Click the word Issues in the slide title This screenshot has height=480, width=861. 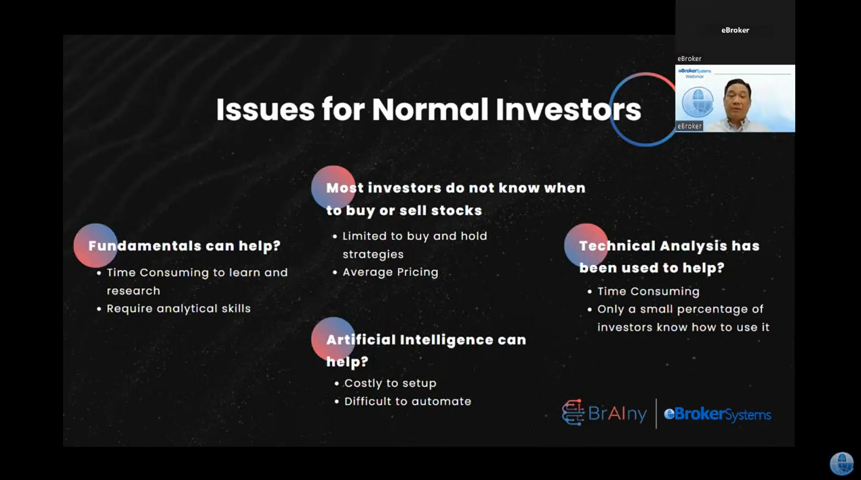(265, 110)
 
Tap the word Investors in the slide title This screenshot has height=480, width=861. (569, 110)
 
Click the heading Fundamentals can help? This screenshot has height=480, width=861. (184, 246)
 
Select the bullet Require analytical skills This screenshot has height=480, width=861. (179, 308)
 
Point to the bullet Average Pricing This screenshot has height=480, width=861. (391, 272)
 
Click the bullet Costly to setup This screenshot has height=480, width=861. (391, 383)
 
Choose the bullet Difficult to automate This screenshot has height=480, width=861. (408, 401)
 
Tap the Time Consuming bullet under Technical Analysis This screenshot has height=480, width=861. (648, 292)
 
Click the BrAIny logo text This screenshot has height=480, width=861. (618, 414)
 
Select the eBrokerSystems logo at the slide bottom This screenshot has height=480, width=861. (717, 414)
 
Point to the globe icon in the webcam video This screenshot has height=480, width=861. (697, 102)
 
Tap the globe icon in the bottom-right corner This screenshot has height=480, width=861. (842, 464)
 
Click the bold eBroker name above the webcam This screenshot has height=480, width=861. (735, 30)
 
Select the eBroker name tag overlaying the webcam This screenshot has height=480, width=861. (689, 126)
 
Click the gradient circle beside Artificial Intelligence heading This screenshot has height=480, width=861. (333, 339)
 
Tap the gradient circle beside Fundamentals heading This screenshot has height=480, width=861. (96, 245)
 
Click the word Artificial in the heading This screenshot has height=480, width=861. (361, 340)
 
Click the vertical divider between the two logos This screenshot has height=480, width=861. (656, 414)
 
